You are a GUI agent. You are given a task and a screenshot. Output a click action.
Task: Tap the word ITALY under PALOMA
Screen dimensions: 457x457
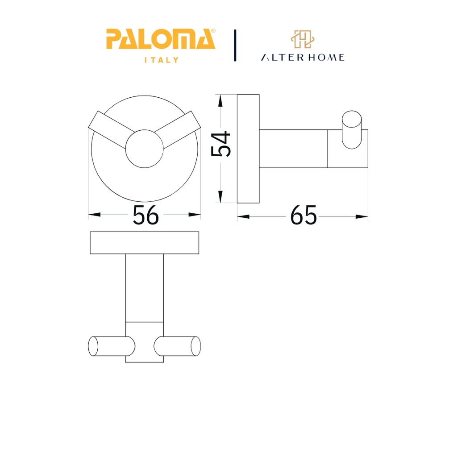[x=161, y=60]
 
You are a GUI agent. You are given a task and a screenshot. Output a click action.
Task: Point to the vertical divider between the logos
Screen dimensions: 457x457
[x=235, y=46]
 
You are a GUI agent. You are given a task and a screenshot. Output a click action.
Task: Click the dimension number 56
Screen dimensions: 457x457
[x=145, y=216]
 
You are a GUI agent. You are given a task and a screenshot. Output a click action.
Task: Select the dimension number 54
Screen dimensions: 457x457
[x=221, y=144]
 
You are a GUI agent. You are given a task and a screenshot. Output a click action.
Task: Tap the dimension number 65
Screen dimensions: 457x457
[x=303, y=216]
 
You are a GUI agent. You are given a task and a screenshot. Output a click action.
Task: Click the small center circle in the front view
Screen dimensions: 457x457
[x=144, y=149]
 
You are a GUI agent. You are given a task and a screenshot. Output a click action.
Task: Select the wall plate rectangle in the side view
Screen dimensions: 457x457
[x=248, y=149]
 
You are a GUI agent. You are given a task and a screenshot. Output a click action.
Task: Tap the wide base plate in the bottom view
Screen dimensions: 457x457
[x=145, y=243]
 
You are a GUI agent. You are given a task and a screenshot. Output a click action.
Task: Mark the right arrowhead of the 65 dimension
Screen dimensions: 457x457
[x=361, y=216]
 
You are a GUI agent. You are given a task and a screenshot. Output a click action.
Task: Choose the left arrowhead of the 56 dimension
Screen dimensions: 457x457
[x=94, y=215]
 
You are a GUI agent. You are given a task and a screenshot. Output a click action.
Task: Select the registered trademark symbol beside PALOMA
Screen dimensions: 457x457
[x=213, y=31]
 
